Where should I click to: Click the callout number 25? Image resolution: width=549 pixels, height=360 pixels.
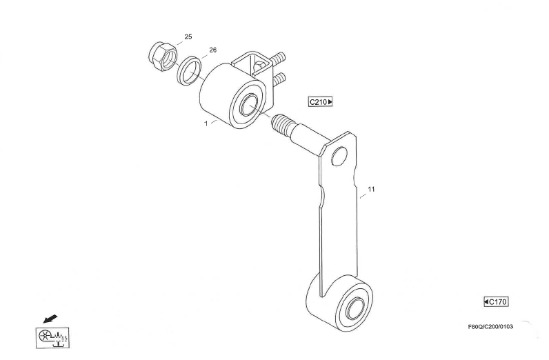[x=188, y=37]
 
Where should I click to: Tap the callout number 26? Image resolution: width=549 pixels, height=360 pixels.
[x=213, y=50]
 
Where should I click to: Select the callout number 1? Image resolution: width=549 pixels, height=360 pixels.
[x=206, y=123]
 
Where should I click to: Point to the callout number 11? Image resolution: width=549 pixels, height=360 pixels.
[x=372, y=190]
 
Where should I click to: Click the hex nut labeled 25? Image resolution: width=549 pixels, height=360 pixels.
[x=163, y=57]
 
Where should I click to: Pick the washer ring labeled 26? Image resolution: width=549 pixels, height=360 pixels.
[x=190, y=70]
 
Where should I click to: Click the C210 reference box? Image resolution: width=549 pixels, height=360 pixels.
[x=320, y=102]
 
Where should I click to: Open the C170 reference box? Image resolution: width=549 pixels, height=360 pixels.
[x=496, y=301]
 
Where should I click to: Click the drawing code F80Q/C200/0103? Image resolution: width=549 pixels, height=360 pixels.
[x=490, y=327]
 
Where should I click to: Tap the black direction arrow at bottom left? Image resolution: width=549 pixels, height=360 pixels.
[x=50, y=319]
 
